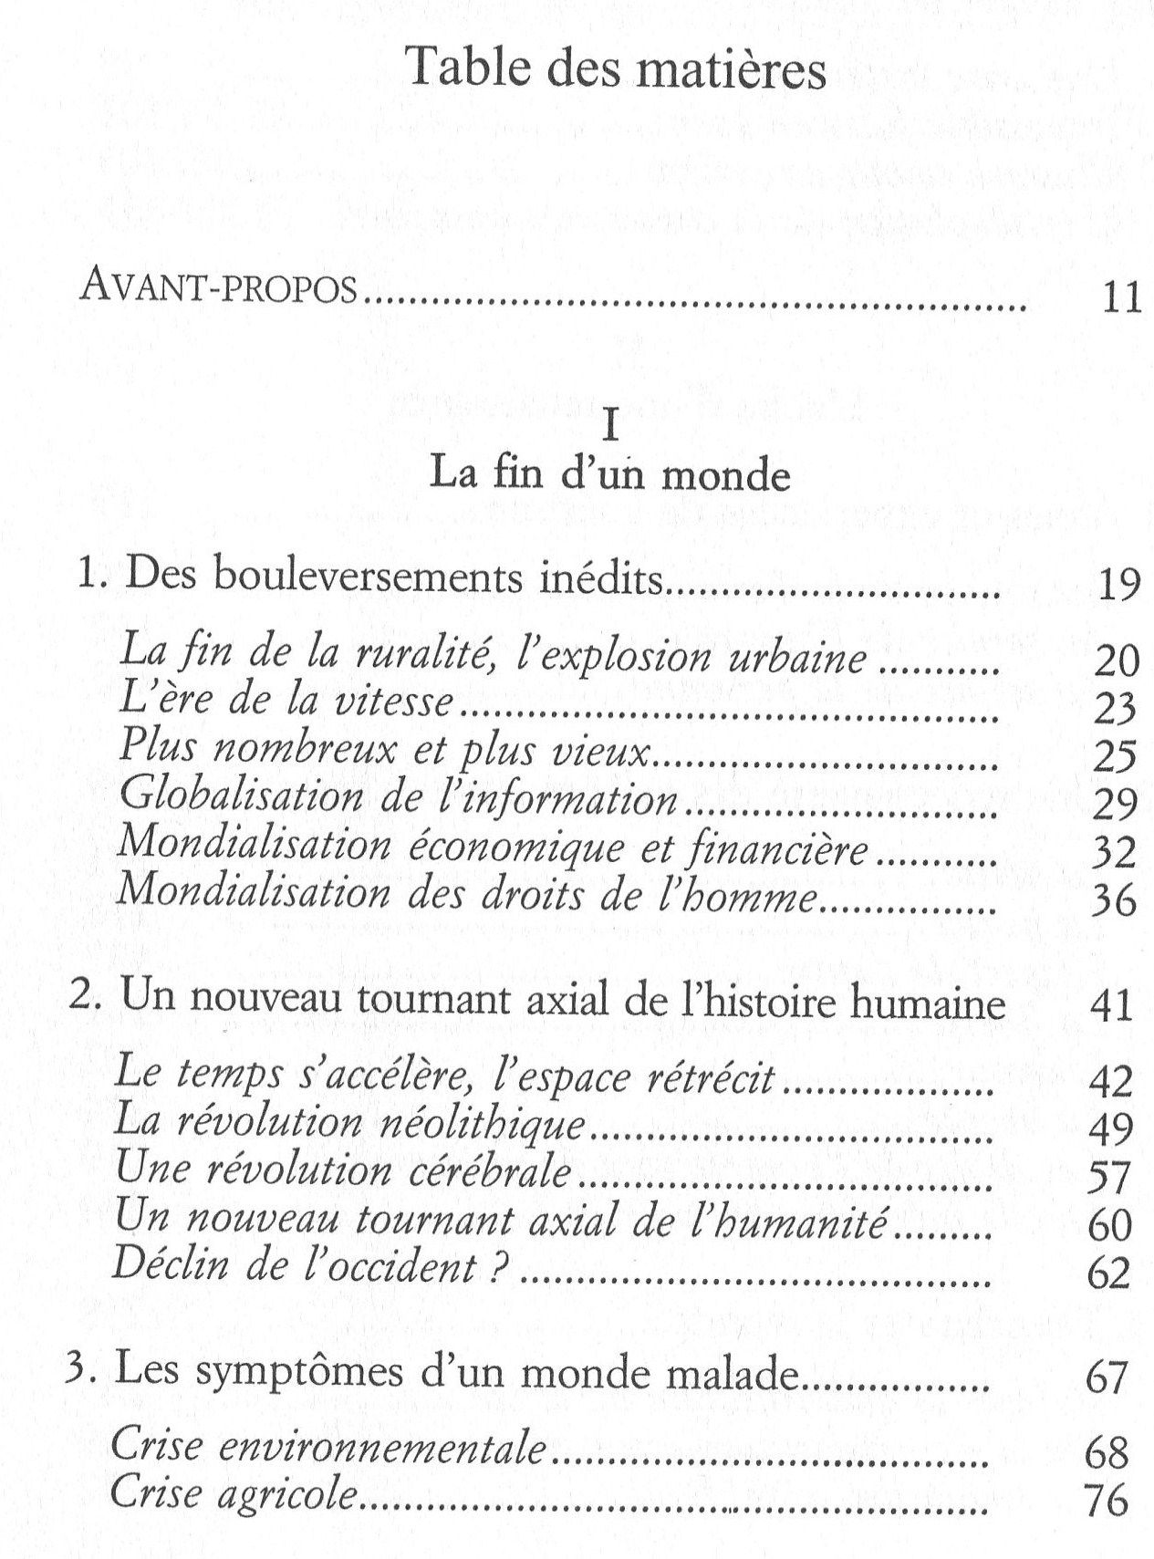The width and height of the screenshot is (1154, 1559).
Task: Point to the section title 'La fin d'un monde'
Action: pyautogui.click(x=610, y=476)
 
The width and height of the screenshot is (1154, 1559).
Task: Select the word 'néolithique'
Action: pyautogui.click(x=480, y=1124)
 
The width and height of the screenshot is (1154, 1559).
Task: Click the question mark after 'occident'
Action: pyautogui.click(x=497, y=1269)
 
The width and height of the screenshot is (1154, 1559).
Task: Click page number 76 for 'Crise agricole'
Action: pyautogui.click(x=1107, y=1501)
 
